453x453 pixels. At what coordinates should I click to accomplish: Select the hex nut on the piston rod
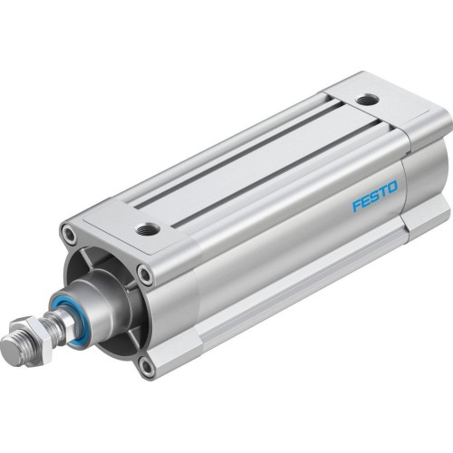point(38,334)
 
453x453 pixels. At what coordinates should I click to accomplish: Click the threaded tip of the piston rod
point(13,347)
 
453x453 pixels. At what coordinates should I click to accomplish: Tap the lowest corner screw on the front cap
point(146,366)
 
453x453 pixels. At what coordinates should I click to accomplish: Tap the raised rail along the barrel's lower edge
point(299,299)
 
